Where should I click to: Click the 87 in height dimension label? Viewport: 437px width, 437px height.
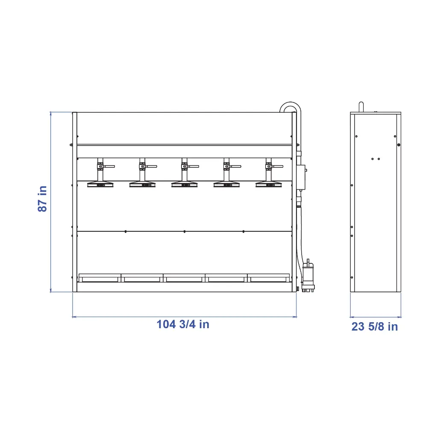click(x=42, y=199)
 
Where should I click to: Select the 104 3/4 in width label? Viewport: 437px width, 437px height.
click(x=183, y=324)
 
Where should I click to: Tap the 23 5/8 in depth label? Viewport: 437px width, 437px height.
click(x=375, y=326)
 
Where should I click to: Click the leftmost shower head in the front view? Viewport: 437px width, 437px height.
click(x=100, y=184)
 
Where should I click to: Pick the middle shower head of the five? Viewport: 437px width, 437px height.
click(x=185, y=184)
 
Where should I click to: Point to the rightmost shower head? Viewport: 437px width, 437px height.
click(x=269, y=184)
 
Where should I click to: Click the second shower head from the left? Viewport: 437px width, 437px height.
click(x=142, y=184)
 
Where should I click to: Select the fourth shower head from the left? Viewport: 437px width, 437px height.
click(x=226, y=184)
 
